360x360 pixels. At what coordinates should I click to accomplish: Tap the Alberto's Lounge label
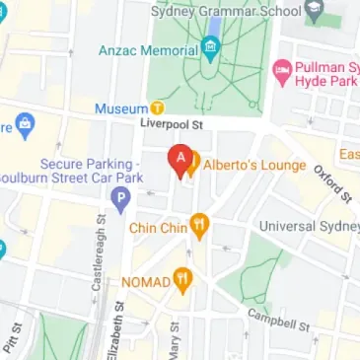pyautogui.click(x=250, y=164)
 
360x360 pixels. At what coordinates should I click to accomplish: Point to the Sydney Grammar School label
pyautogui.click(x=225, y=11)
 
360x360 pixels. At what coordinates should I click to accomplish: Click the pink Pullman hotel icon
pyautogui.click(x=281, y=70)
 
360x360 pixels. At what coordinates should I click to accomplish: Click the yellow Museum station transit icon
pyautogui.click(x=156, y=108)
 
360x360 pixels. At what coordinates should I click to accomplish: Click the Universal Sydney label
pyautogui.click(x=309, y=227)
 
